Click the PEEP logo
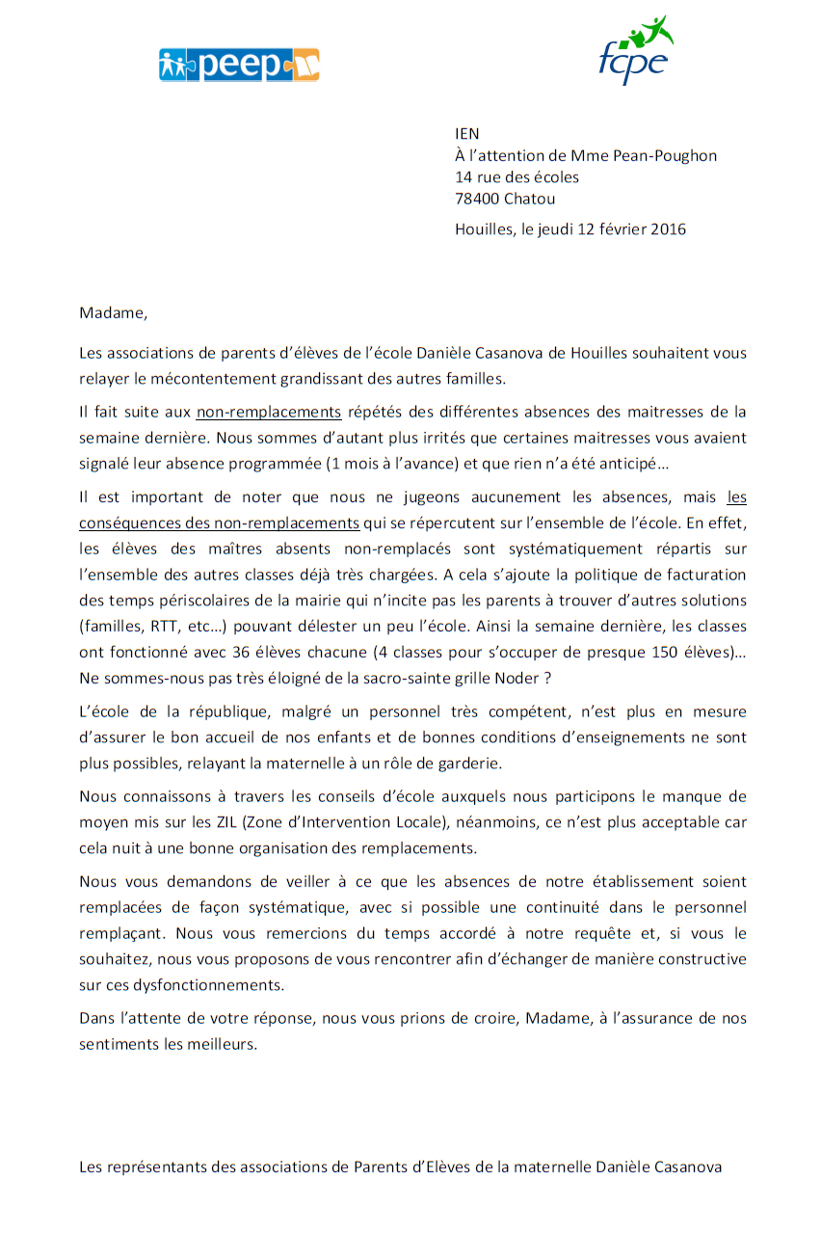click(x=239, y=65)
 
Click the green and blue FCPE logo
click(x=635, y=52)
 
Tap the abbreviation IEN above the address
click(x=467, y=134)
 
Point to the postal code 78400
click(x=477, y=199)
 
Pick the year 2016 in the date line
click(x=669, y=228)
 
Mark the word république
click(x=199, y=712)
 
